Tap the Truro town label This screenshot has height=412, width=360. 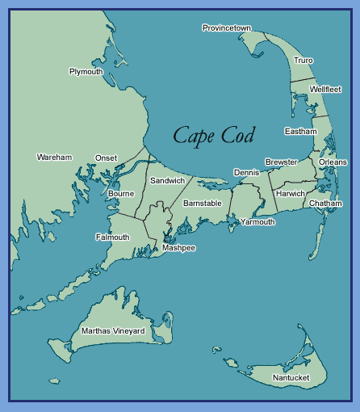(x=303, y=61)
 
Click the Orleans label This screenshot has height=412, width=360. (x=333, y=162)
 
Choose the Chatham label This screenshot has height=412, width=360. (x=325, y=204)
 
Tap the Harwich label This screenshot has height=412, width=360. (x=291, y=194)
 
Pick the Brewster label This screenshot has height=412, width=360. (x=281, y=162)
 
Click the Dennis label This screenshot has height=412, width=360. (x=246, y=173)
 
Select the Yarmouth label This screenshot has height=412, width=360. (x=257, y=221)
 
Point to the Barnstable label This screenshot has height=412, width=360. (x=202, y=204)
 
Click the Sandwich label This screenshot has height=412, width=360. (x=167, y=180)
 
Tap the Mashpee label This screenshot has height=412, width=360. (x=178, y=248)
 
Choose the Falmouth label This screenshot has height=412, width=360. (x=112, y=238)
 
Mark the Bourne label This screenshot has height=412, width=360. (x=120, y=194)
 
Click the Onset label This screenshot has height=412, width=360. (x=106, y=158)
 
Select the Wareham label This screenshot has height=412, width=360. (x=54, y=157)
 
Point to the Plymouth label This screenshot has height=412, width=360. (x=86, y=71)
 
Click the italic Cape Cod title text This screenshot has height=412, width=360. (x=213, y=135)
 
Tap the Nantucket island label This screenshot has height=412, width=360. (x=290, y=377)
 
